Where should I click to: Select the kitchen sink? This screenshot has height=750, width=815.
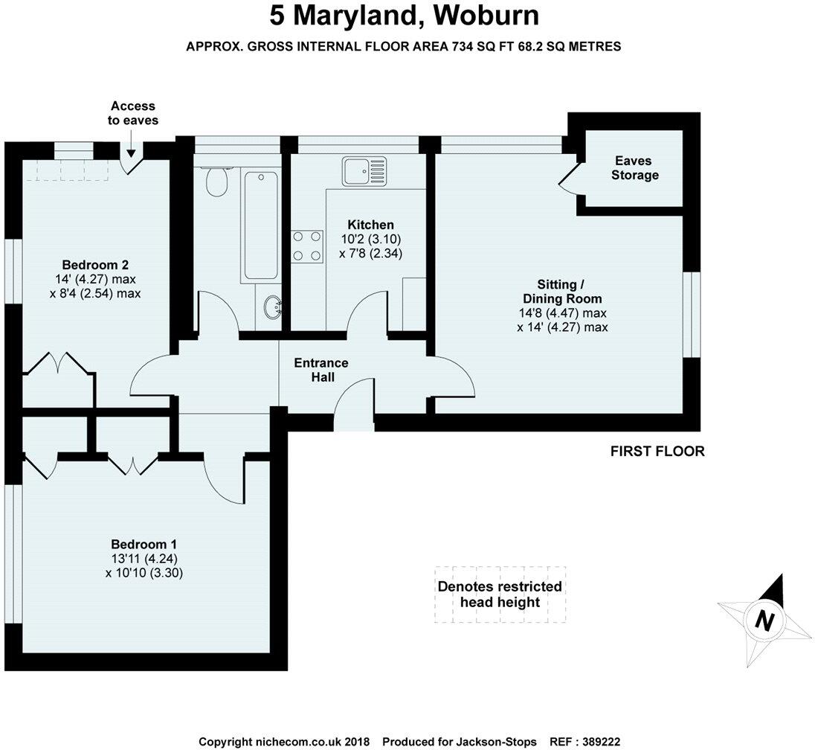point(364,172)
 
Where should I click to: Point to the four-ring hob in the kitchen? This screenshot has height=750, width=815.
point(307,246)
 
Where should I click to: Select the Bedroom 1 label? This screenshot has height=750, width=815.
point(144,544)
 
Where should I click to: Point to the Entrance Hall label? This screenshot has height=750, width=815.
point(321,370)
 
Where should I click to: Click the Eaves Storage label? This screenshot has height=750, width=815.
point(635,168)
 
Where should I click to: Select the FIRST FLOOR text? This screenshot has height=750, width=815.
point(657,451)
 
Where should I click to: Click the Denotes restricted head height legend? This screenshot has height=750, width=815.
point(500,594)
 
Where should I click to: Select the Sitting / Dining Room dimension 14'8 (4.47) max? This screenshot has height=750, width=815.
point(563,312)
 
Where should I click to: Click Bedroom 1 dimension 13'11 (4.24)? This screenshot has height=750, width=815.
point(144,559)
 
